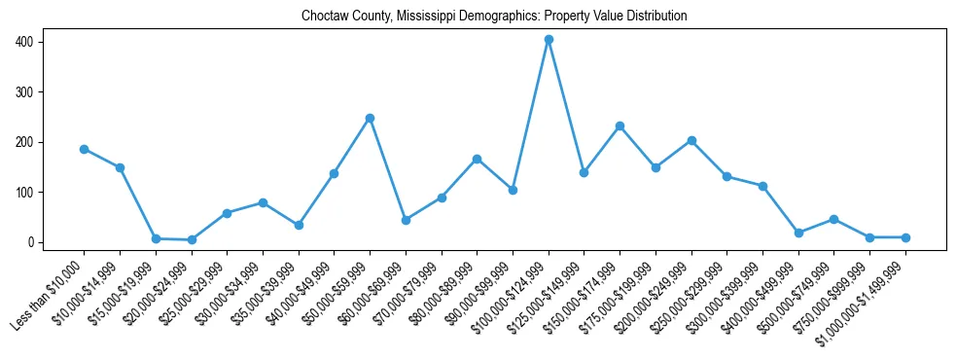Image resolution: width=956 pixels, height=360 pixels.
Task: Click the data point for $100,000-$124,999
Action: tap(549, 40)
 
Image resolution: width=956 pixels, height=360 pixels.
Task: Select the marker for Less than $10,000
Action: tap(84, 149)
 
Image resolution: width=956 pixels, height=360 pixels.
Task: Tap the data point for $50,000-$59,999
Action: tap(370, 118)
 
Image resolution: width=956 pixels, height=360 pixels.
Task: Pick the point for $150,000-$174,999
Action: tap(620, 126)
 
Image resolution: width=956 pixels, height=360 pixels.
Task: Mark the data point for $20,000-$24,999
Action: tap(192, 239)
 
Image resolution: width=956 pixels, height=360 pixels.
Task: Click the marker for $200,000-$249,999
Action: tap(691, 140)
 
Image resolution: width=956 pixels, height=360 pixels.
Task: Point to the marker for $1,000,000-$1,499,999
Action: tap(905, 237)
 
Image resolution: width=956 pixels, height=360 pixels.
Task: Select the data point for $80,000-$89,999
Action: tap(477, 159)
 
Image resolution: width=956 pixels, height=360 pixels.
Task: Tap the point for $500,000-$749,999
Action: tap(834, 219)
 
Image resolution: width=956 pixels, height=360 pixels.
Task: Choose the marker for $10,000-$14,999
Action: tap(120, 167)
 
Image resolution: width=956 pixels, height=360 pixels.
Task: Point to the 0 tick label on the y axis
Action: tap(31, 242)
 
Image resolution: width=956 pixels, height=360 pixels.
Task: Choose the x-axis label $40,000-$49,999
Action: tap(300, 293)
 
